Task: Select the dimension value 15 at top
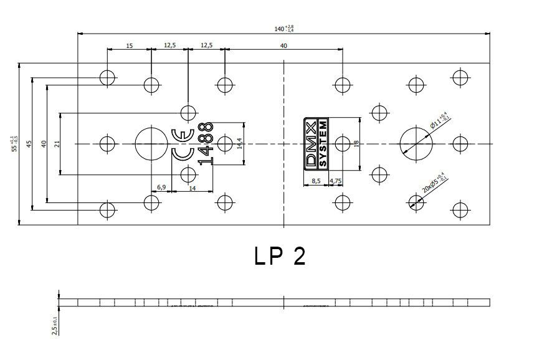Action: [x=129, y=45]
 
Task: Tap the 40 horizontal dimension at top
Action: [x=283, y=45]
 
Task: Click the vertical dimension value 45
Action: [x=29, y=144]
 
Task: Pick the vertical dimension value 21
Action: [x=57, y=144]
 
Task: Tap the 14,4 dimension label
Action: [x=239, y=144]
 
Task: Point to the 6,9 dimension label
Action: [x=161, y=187]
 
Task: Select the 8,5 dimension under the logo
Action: [x=315, y=181]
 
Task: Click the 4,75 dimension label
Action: [x=335, y=181]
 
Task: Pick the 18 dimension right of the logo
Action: [x=356, y=144]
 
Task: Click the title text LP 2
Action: [x=280, y=256]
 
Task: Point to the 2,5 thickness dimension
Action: [x=55, y=324]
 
